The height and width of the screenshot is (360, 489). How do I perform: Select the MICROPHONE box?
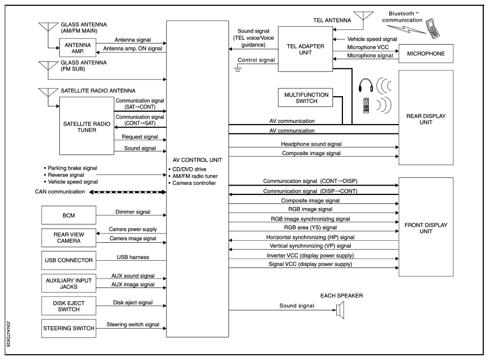(x=425, y=54)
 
